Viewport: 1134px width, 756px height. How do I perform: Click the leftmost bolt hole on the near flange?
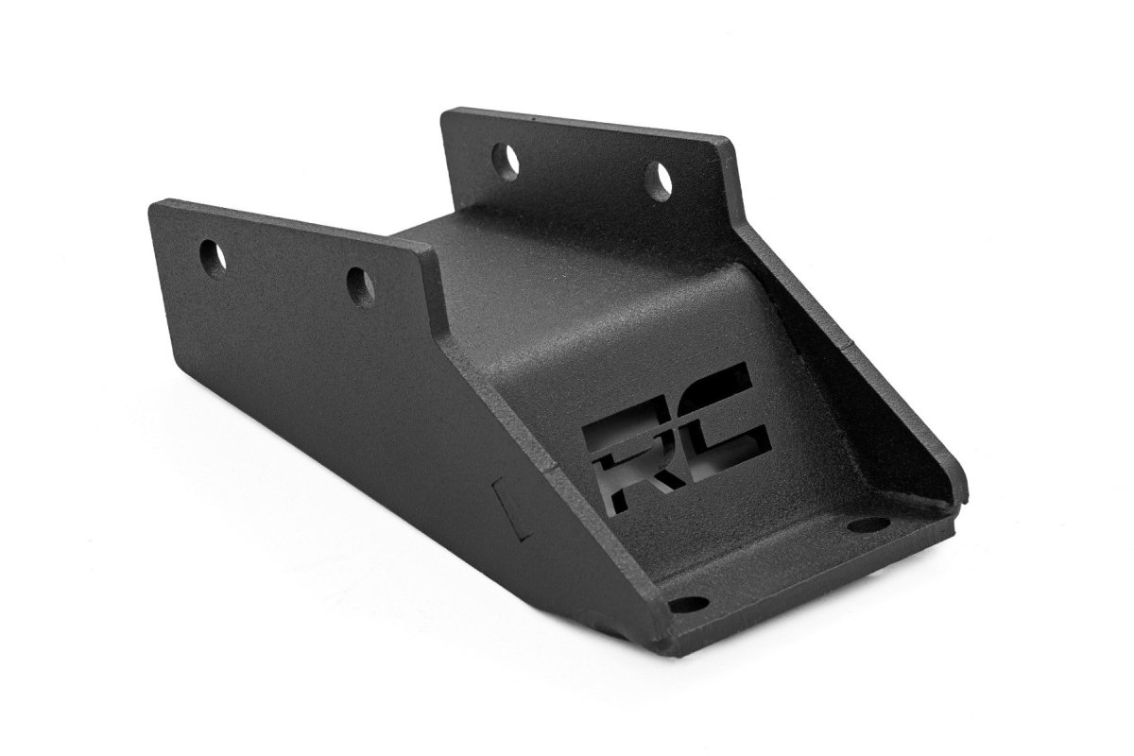[x=215, y=256]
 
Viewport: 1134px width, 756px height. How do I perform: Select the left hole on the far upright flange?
[x=508, y=160]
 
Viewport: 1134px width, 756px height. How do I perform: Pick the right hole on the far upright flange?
[x=658, y=178]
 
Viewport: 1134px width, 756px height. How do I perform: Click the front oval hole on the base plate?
[x=689, y=604]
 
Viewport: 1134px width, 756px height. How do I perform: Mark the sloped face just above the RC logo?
[x=652, y=312]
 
